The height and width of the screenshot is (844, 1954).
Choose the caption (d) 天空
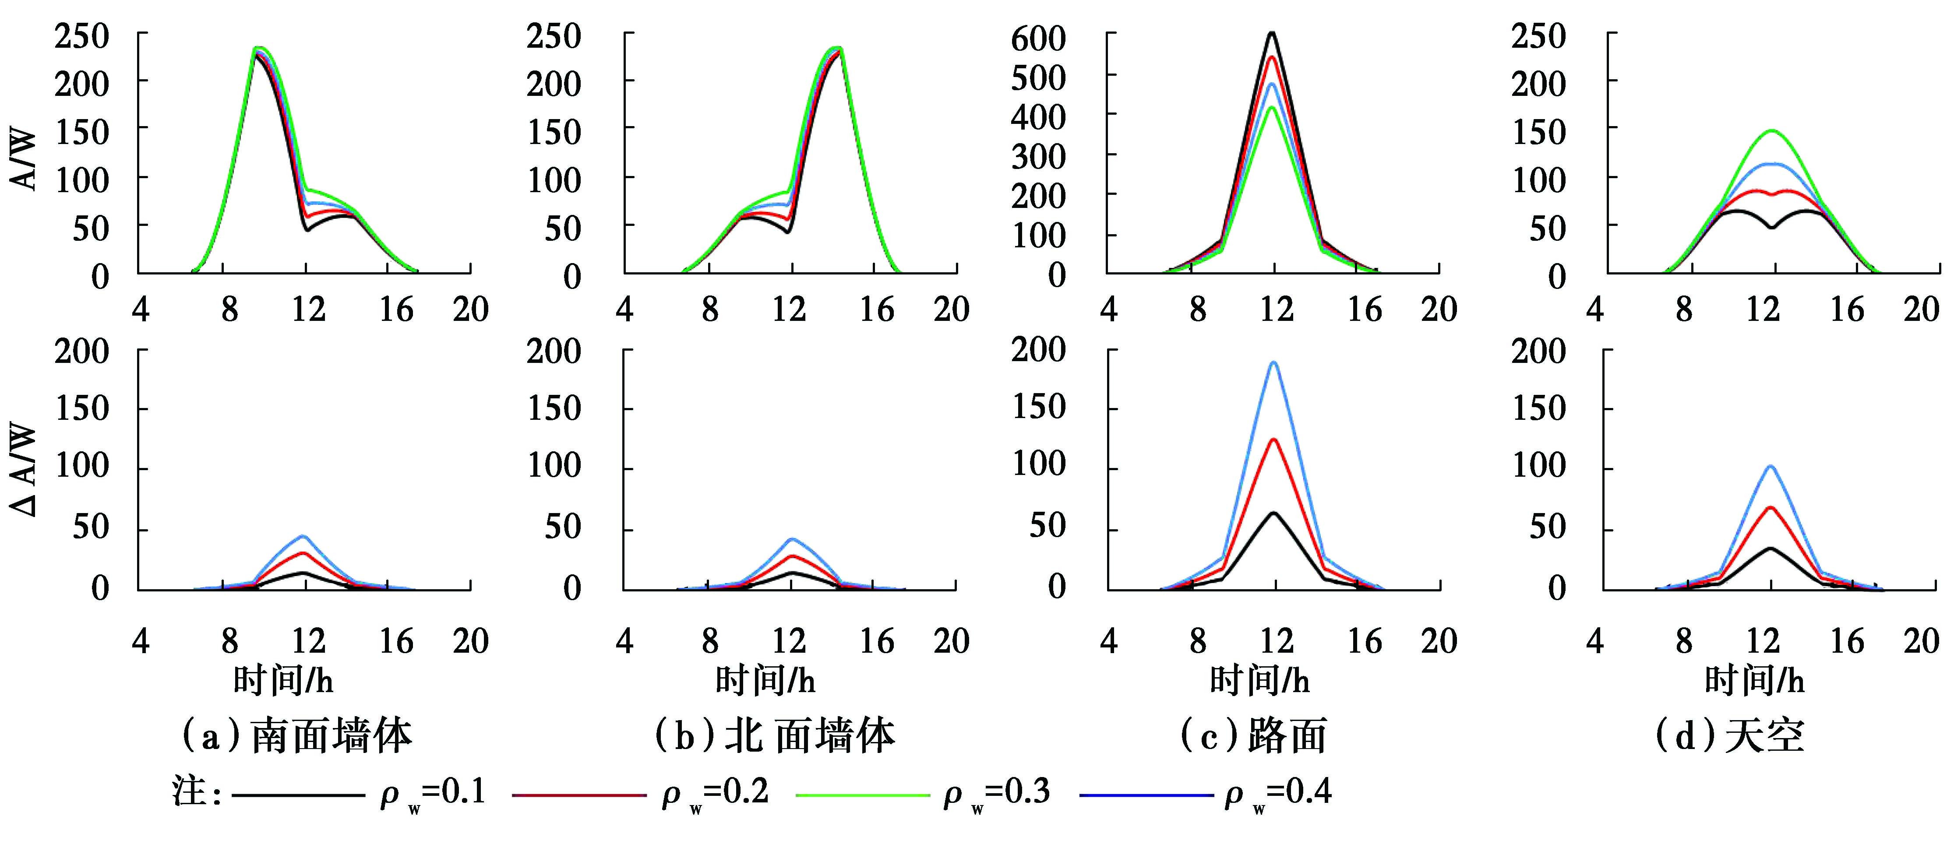[1729, 735]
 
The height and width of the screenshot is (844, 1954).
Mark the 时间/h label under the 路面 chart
[1259, 680]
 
